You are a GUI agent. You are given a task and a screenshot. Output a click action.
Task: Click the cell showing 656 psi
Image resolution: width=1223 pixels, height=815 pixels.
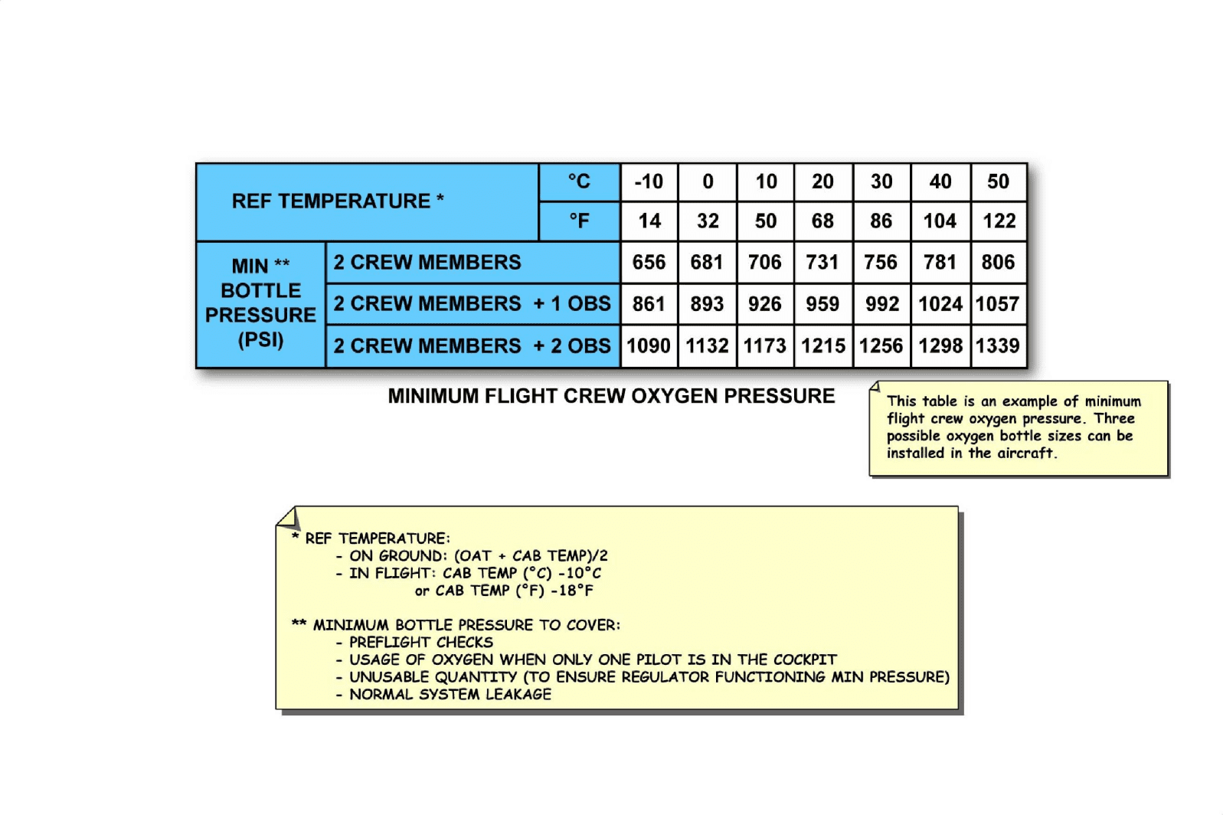coord(649,263)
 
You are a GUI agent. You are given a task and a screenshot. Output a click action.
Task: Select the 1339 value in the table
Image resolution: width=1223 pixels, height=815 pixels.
coord(998,346)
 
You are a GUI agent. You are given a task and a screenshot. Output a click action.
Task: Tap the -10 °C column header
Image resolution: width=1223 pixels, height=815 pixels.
coord(649,182)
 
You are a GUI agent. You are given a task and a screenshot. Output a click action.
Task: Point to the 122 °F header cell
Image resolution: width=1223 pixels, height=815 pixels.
coord(999,221)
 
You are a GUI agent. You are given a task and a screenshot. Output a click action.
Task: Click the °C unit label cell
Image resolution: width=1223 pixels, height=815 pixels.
coord(579,182)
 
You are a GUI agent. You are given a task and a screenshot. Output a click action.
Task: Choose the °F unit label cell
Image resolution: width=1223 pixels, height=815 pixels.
coord(579,221)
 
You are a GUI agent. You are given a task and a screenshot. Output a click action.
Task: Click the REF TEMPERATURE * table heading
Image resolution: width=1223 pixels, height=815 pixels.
coord(338,201)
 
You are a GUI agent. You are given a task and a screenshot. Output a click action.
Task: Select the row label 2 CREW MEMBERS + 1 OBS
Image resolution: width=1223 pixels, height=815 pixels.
coord(472,304)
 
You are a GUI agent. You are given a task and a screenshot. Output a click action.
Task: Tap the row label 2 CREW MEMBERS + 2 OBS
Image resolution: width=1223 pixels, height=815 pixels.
coord(472,346)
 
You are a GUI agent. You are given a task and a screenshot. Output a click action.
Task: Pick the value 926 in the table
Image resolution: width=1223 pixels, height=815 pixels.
coord(765,304)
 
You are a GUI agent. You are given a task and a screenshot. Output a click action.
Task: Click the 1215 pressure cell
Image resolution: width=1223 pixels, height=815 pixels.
coord(823,346)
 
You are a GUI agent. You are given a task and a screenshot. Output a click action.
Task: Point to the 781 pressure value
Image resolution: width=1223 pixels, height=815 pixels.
coord(940,263)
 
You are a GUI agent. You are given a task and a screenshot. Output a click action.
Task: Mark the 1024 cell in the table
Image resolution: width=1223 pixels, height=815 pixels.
coord(940,304)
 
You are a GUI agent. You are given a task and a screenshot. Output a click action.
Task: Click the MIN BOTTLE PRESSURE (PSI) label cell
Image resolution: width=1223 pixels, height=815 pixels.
coord(260,303)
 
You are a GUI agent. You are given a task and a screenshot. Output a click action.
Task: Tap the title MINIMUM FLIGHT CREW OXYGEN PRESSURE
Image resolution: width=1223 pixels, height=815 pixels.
coord(611,396)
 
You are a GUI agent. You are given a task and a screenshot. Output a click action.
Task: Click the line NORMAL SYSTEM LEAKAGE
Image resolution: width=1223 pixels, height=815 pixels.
coord(450,695)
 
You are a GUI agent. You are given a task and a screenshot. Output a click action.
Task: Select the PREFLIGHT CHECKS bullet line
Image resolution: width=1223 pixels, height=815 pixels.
coord(420,643)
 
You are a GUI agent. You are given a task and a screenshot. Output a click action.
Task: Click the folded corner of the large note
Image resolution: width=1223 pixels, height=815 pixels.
coord(288,519)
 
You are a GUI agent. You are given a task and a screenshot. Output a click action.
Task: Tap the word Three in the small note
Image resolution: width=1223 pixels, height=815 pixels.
coord(1114,419)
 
